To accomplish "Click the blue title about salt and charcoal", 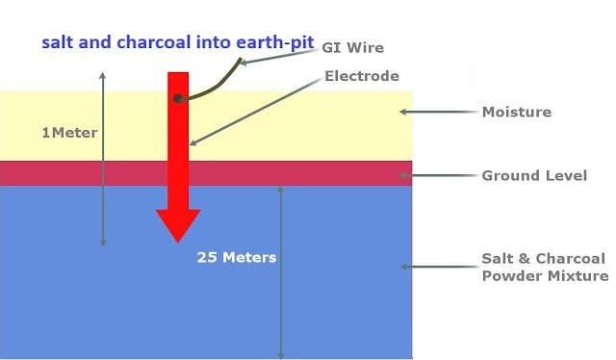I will [177, 43].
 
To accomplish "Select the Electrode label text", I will [362, 76].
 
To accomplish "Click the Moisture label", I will [517, 112].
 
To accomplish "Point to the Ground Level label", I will [534, 176].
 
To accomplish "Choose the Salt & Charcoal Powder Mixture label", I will [545, 268].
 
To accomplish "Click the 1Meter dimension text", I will [70, 133].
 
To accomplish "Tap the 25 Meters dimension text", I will [237, 257].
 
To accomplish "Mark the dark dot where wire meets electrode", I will [177, 98].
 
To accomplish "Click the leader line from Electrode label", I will [256, 111].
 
